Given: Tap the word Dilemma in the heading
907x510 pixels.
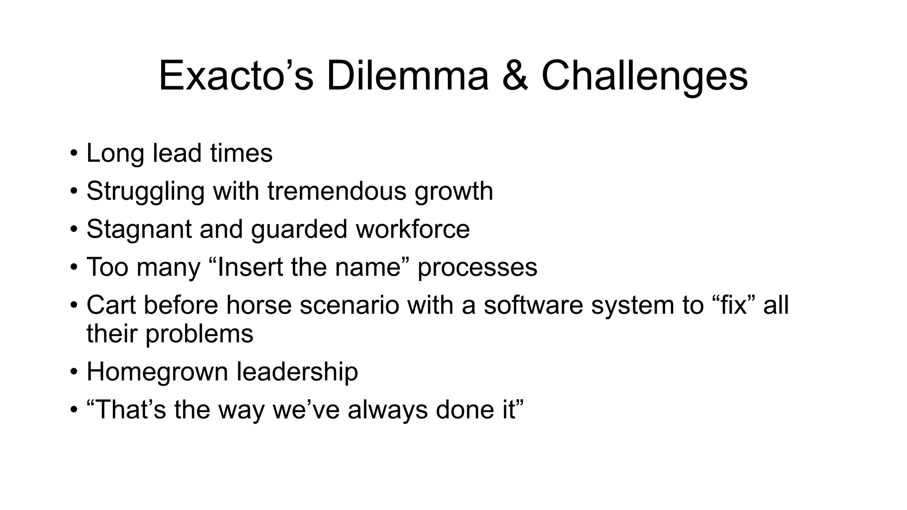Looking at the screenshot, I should click(x=407, y=76).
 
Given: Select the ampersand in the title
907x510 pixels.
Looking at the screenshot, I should click(x=515, y=76).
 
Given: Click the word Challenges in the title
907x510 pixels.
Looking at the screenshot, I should click(x=644, y=76).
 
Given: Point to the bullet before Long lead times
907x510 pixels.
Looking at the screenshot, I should click(x=74, y=155).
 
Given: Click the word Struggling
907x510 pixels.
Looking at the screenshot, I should click(x=145, y=192).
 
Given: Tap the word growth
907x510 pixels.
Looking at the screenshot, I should click(x=453, y=192).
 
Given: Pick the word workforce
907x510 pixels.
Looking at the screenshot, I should click(x=413, y=229).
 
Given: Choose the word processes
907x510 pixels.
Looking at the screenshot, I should click(x=477, y=267).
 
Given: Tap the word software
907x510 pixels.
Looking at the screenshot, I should click(x=533, y=305).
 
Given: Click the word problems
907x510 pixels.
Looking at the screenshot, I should click(x=199, y=334).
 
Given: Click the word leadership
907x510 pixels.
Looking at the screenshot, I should click(x=297, y=372).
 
